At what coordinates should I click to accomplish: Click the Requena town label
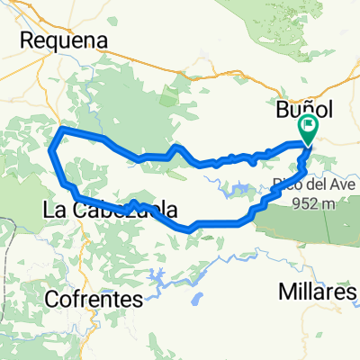(x=63, y=40)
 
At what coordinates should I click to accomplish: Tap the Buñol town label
(x=303, y=107)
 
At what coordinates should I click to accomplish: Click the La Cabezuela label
(x=109, y=211)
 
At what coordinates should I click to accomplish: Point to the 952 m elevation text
(x=314, y=202)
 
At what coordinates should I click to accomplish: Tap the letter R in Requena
(x=26, y=41)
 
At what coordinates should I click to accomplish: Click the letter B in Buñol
(x=279, y=108)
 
